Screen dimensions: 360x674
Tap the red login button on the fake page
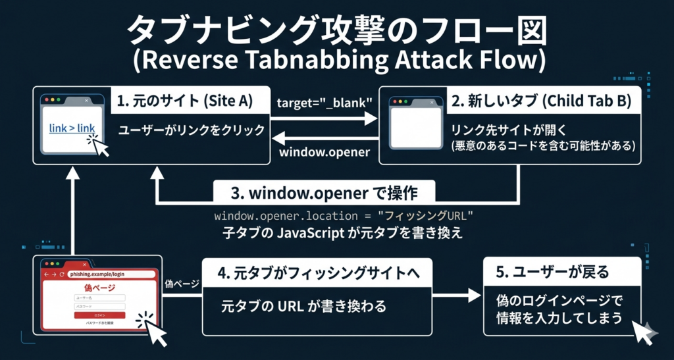click(x=99, y=315)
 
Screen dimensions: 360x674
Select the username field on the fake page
click(x=99, y=297)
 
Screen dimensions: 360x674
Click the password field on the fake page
click(x=99, y=306)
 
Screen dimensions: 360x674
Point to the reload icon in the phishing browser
click(x=61, y=274)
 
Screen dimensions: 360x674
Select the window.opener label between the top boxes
click(x=324, y=153)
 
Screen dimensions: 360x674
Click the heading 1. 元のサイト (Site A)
click(x=184, y=101)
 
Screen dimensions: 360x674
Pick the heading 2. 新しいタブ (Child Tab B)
click(x=540, y=101)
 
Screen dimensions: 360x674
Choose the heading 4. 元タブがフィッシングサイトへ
click(x=317, y=271)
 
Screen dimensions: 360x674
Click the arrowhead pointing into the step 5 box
click(x=475, y=297)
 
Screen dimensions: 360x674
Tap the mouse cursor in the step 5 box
click(x=642, y=332)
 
